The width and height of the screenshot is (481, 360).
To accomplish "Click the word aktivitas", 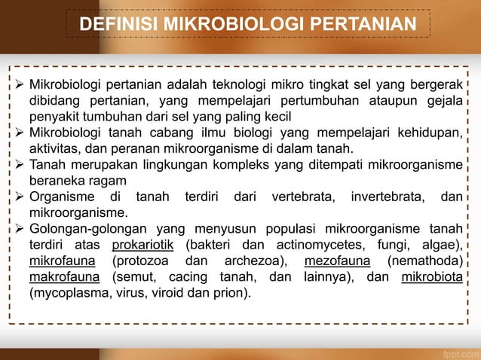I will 55,149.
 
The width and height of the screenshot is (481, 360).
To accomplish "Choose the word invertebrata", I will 384,197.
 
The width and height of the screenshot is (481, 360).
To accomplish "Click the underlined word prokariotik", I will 143,245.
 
